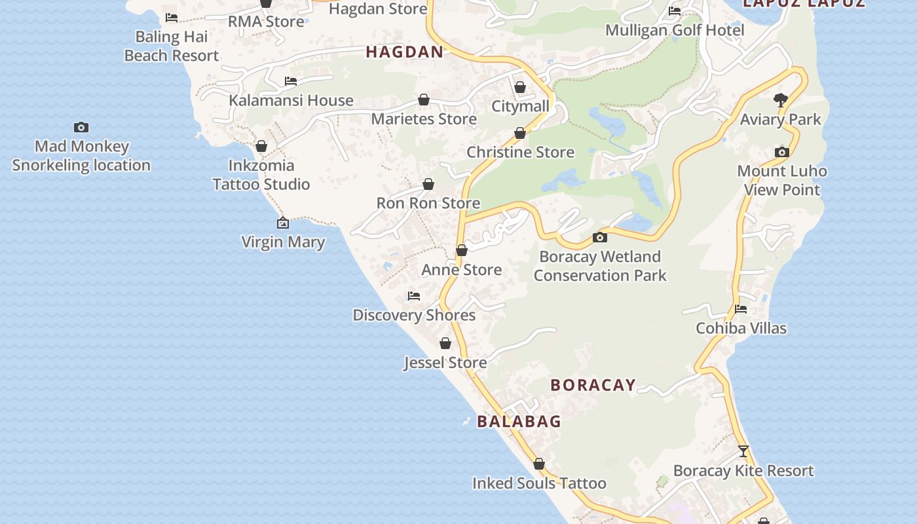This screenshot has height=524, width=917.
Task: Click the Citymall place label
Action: pyautogui.click(x=520, y=106)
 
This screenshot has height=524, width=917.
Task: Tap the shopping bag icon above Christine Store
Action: pyautogui.click(x=520, y=134)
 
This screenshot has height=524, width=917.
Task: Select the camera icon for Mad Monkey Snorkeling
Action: pyautogui.click(x=81, y=127)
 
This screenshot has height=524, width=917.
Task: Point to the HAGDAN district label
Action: pyautogui.click(x=405, y=52)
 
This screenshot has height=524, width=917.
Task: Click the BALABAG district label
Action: pyautogui.click(x=519, y=421)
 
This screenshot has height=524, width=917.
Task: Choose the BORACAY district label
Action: pyautogui.click(x=593, y=385)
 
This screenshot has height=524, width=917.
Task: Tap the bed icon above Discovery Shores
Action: pyautogui.click(x=414, y=296)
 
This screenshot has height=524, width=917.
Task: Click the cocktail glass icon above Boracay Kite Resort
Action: pyautogui.click(x=743, y=451)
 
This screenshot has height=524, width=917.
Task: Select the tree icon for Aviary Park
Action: pyautogui.click(x=780, y=100)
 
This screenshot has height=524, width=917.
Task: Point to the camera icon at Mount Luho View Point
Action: pyautogui.click(x=782, y=153)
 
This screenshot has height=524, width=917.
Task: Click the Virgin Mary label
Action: pyautogui.click(x=283, y=242)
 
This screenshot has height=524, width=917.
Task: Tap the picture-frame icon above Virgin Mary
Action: pyautogui.click(x=283, y=223)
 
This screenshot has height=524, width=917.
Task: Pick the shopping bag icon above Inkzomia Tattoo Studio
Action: pyautogui.click(x=261, y=146)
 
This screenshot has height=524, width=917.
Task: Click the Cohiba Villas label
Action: pyautogui.click(x=741, y=328)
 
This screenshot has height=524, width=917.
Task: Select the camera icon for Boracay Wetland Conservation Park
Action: pyautogui.click(x=599, y=237)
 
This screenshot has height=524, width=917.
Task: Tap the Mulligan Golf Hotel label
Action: pyautogui.click(x=675, y=30)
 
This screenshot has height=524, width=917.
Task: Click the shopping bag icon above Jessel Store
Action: pyautogui.click(x=445, y=343)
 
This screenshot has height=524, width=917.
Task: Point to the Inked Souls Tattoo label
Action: pyautogui.click(x=539, y=483)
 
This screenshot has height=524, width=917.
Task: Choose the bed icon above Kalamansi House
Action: pyautogui.click(x=291, y=81)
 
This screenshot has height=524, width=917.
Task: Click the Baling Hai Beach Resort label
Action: pyautogui.click(x=172, y=47)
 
